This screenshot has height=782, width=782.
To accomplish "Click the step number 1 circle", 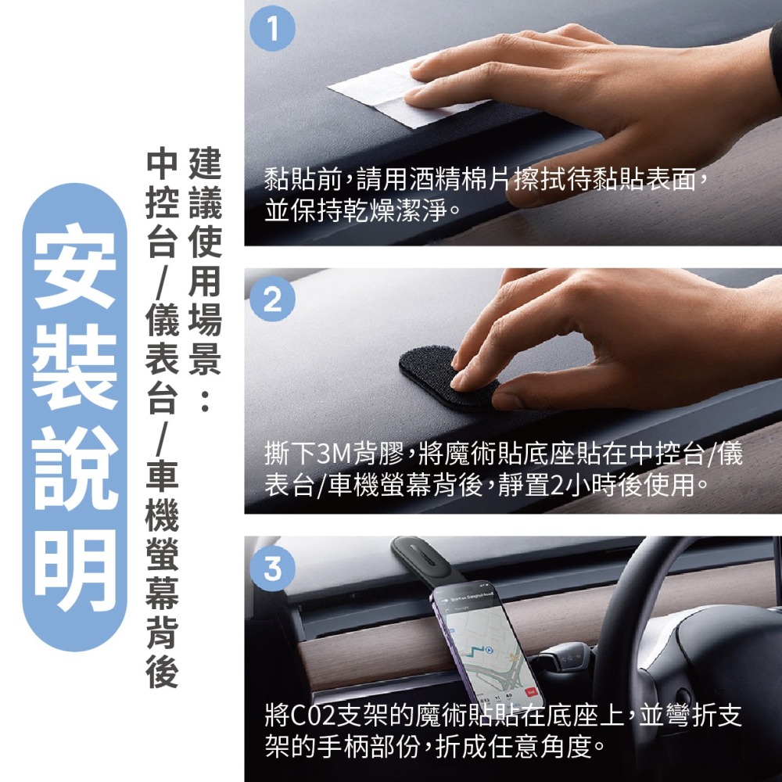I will (271, 31).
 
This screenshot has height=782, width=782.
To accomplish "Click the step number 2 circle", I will (271, 301).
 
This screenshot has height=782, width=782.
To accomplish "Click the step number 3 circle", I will (271, 569).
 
